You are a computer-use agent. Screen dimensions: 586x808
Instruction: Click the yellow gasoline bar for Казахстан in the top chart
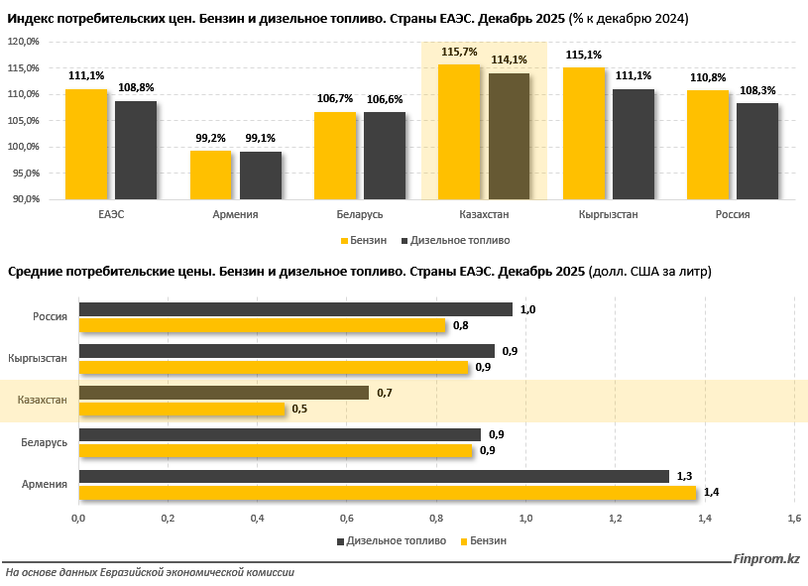click(x=459, y=132)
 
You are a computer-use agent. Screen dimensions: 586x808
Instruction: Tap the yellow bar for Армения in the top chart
click(x=210, y=175)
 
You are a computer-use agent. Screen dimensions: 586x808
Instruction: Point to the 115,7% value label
click(x=459, y=52)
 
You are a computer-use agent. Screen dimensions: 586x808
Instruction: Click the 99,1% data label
click(x=261, y=139)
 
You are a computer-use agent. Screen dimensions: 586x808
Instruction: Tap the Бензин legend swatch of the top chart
click(x=344, y=240)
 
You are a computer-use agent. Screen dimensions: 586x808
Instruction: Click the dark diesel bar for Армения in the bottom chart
click(x=374, y=477)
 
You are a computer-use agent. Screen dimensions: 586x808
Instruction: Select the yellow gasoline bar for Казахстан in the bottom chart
click(x=182, y=409)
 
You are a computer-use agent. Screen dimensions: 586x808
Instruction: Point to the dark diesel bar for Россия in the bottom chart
click(x=295, y=309)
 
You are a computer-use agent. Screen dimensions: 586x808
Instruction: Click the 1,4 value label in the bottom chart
click(x=711, y=492)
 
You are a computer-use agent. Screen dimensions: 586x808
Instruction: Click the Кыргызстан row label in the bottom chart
click(x=37, y=358)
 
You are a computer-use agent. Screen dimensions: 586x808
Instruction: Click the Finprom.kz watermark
click(x=766, y=561)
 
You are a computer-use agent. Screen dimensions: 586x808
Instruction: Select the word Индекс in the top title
click(x=31, y=19)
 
